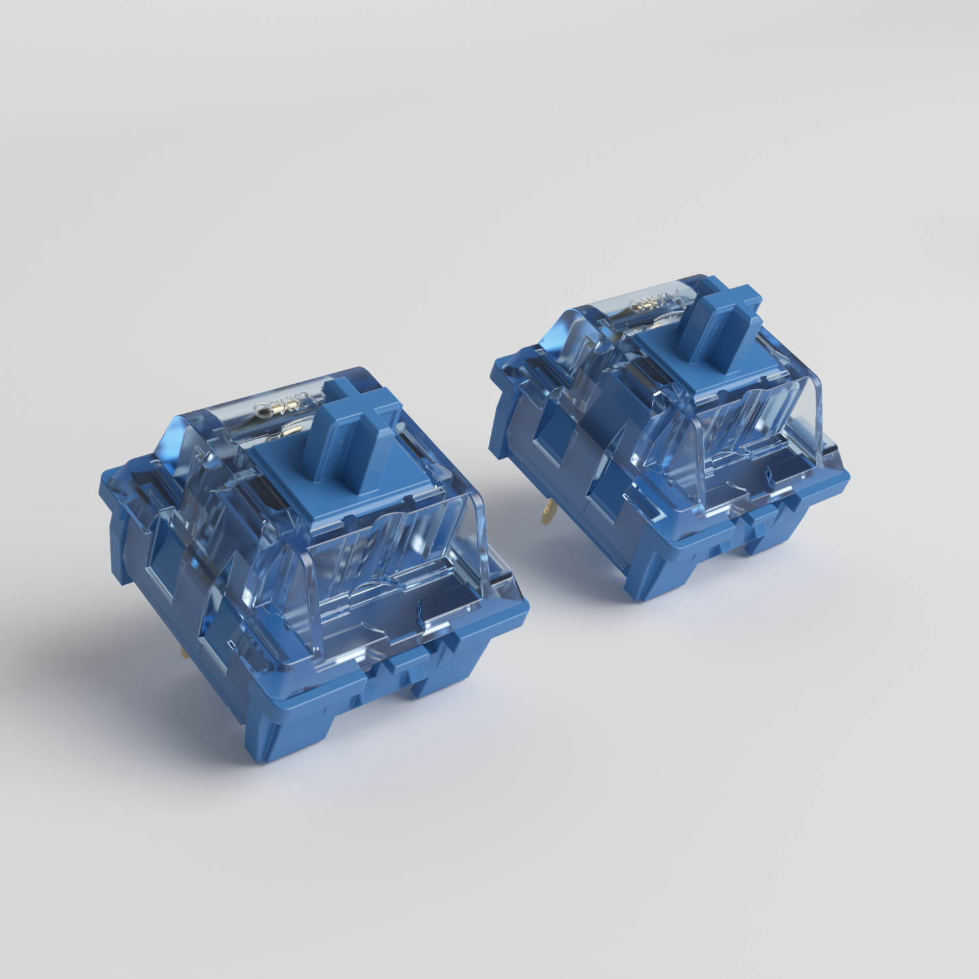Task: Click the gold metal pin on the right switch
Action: pos(545,512)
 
